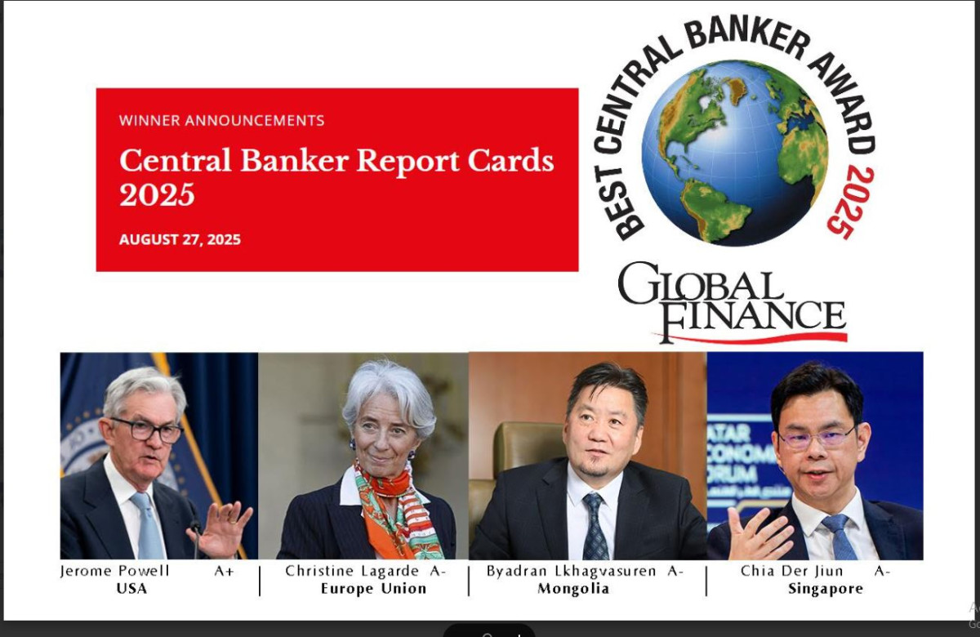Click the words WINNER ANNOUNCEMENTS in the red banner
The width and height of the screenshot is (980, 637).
click(221, 120)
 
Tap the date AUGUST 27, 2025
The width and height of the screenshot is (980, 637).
click(180, 239)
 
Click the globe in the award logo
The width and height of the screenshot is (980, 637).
click(734, 153)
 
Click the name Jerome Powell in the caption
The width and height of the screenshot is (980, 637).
click(114, 571)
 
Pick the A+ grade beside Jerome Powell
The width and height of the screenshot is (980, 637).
click(224, 571)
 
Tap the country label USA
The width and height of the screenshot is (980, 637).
click(131, 589)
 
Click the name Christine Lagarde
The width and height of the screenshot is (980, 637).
click(352, 571)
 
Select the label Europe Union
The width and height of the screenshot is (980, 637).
click(374, 589)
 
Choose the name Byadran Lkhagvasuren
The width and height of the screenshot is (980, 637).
click(571, 571)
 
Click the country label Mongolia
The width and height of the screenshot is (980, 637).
click(573, 589)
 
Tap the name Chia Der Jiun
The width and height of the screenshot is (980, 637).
click(792, 571)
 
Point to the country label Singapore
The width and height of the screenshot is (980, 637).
click(826, 589)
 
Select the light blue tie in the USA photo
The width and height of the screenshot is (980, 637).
click(149, 526)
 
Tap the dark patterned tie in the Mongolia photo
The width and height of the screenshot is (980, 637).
click(595, 526)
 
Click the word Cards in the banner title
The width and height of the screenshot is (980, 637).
click(510, 160)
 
